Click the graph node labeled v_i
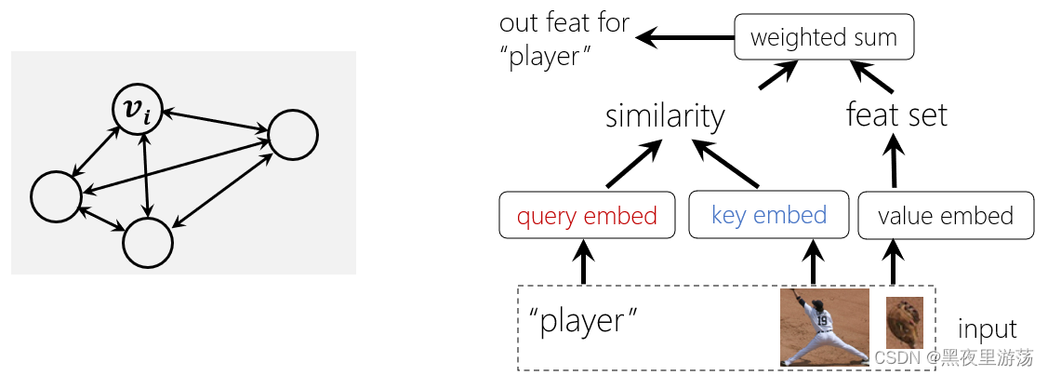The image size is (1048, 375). [138, 110]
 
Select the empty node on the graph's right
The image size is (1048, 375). [293, 135]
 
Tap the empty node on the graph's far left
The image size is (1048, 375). [55, 197]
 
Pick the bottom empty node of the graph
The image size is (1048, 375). [148, 243]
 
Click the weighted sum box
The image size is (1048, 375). [823, 38]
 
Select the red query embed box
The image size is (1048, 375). [586, 216]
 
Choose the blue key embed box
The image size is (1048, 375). [768, 215]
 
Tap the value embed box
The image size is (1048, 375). [945, 216]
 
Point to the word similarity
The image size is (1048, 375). [664, 116]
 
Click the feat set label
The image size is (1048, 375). [896, 115]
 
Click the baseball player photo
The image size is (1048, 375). [823, 326]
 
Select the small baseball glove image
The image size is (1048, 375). [904, 322]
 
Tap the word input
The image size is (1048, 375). [988, 328]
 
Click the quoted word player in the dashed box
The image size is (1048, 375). [583, 321]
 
